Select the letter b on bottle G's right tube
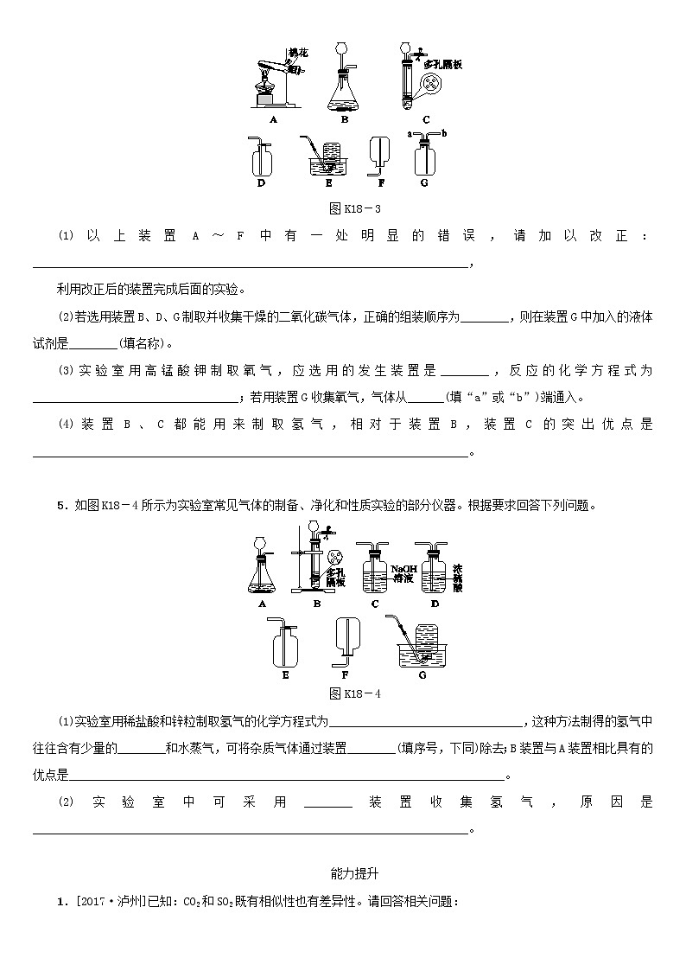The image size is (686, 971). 442,134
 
